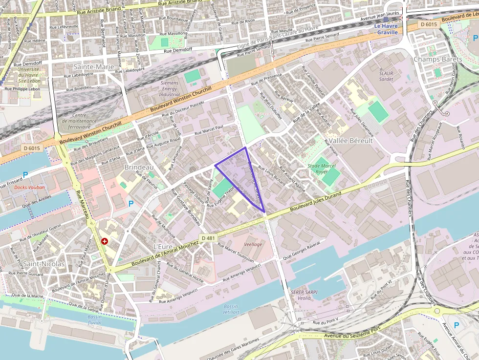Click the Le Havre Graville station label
point(387,29)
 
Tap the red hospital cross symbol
point(104,241)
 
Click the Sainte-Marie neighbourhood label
point(93,66)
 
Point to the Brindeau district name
point(139,167)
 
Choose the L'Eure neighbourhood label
point(163,246)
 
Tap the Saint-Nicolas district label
point(44,264)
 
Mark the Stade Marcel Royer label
point(322,169)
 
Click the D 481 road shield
point(208,238)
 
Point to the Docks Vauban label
point(29,187)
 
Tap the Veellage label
point(253,244)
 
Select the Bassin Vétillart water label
point(231,309)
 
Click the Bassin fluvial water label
point(94,319)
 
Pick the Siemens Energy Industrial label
point(170,88)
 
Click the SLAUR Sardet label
point(386,76)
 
